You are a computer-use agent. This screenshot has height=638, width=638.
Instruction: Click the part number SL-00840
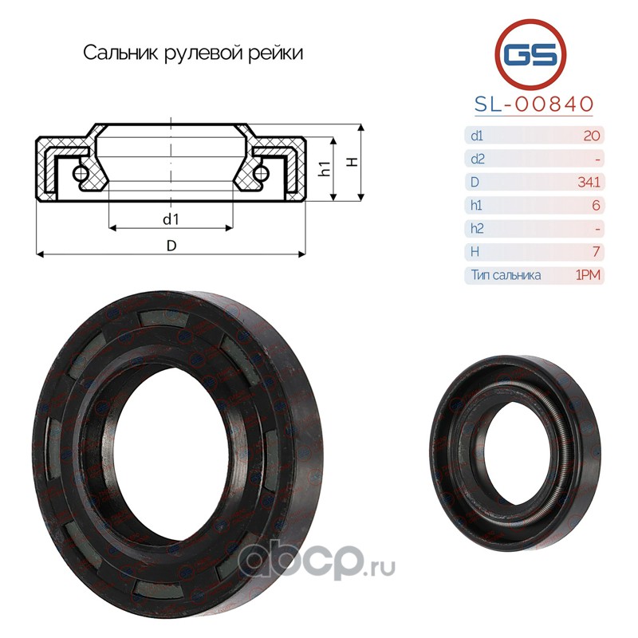534,104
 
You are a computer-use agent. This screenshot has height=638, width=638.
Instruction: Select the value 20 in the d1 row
592,136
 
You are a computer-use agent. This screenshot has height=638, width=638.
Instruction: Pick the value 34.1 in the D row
589,182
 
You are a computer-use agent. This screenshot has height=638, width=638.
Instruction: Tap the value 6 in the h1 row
596,205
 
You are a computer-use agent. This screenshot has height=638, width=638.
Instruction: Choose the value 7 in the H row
597,251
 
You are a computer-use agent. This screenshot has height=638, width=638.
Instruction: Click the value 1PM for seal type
588,275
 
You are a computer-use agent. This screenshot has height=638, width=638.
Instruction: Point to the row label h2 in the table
476,228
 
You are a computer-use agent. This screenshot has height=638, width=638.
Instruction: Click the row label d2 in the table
477,159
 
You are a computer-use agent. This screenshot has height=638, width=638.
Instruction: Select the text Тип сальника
506,275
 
